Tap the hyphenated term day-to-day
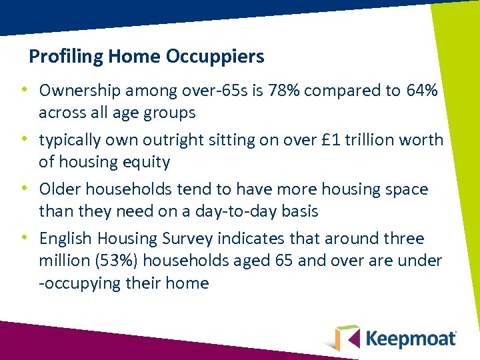point(238,211)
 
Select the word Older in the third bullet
point(59,189)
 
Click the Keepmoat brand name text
point(412,338)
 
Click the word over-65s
point(187,90)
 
